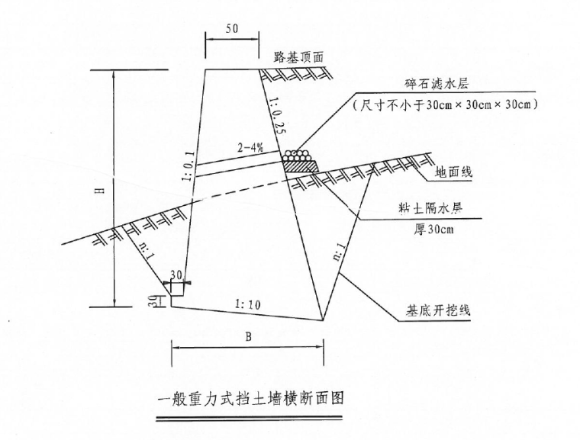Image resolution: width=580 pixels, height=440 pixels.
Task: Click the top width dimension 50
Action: (231, 27)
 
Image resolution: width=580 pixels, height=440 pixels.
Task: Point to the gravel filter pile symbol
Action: (298, 161)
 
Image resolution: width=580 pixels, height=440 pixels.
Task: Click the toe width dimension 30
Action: (176, 275)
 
